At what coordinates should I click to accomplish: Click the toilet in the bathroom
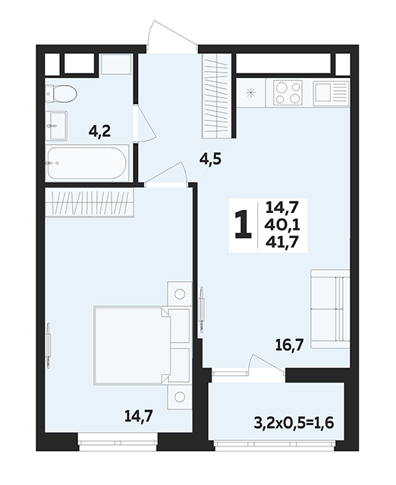(61, 93)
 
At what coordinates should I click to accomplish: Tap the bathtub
(87, 163)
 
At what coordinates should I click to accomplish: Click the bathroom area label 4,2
(99, 132)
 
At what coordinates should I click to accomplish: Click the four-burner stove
(288, 92)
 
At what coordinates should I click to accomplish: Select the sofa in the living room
(330, 309)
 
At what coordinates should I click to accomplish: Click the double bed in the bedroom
(142, 346)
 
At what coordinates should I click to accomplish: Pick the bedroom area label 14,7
(138, 416)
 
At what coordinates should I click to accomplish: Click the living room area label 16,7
(289, 345)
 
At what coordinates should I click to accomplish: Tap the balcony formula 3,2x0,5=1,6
(294, 423)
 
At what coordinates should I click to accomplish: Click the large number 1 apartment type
(243, 224)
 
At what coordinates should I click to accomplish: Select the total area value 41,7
(281, 241)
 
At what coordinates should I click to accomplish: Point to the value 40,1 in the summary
(282, 224)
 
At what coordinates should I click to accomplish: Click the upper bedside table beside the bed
(179, 294)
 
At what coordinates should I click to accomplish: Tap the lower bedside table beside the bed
(179, 397)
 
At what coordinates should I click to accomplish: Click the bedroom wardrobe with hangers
(90, 202)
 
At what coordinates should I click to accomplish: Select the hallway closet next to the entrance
(217, 96)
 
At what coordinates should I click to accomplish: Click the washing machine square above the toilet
(116, 64)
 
